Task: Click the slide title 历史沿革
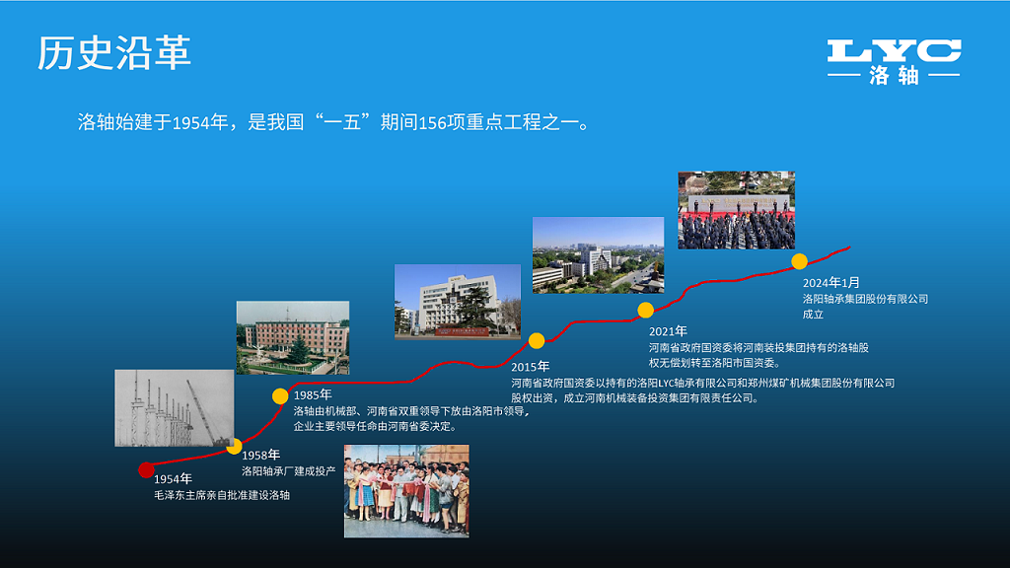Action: pos(114,53)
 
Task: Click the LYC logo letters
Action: pos(894,51)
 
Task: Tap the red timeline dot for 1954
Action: pos(146,469)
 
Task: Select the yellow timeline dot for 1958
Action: pos(234,447)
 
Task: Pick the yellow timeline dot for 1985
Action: pos(280,396)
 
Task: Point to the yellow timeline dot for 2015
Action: pos(537,341)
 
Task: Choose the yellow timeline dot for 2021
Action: pos(646,310)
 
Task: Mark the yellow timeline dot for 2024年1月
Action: pos(800,261)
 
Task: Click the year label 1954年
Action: pos(173,479)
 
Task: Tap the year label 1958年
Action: pos(261,455)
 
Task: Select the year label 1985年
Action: pos(313,395)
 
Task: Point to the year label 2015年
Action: pos(530,367)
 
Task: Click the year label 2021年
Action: pos(668,331)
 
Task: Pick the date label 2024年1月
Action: pos(831,282)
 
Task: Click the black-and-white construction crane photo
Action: pos(174,407)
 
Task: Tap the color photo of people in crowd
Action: pos(406,491)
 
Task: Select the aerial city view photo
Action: pos(598,254)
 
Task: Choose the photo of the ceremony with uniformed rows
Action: pos(736,210)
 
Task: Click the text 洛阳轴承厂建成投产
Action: pos(289,471)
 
